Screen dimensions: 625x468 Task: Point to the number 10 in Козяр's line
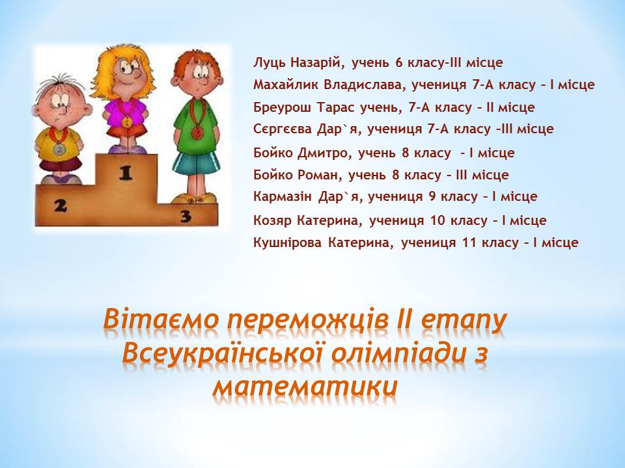pyautogui.click(x=439, y=220)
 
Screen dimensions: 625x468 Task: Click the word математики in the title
pyautogui.click(x=305, y=386)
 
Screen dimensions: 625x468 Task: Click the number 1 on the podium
pyautogui.click(x=126, y=173)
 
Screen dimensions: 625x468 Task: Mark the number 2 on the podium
pyautogui.click(x=60, y=205)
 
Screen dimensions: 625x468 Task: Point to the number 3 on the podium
pyautogui.click(x=186, y=216)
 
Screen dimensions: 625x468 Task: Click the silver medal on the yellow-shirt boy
pyautogui.click(x=59, y=149)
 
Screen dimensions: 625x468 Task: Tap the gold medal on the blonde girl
pyautogui.click(x=126, y=121)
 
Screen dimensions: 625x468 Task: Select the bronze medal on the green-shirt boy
pyautogui.click(x=197, y=133)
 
